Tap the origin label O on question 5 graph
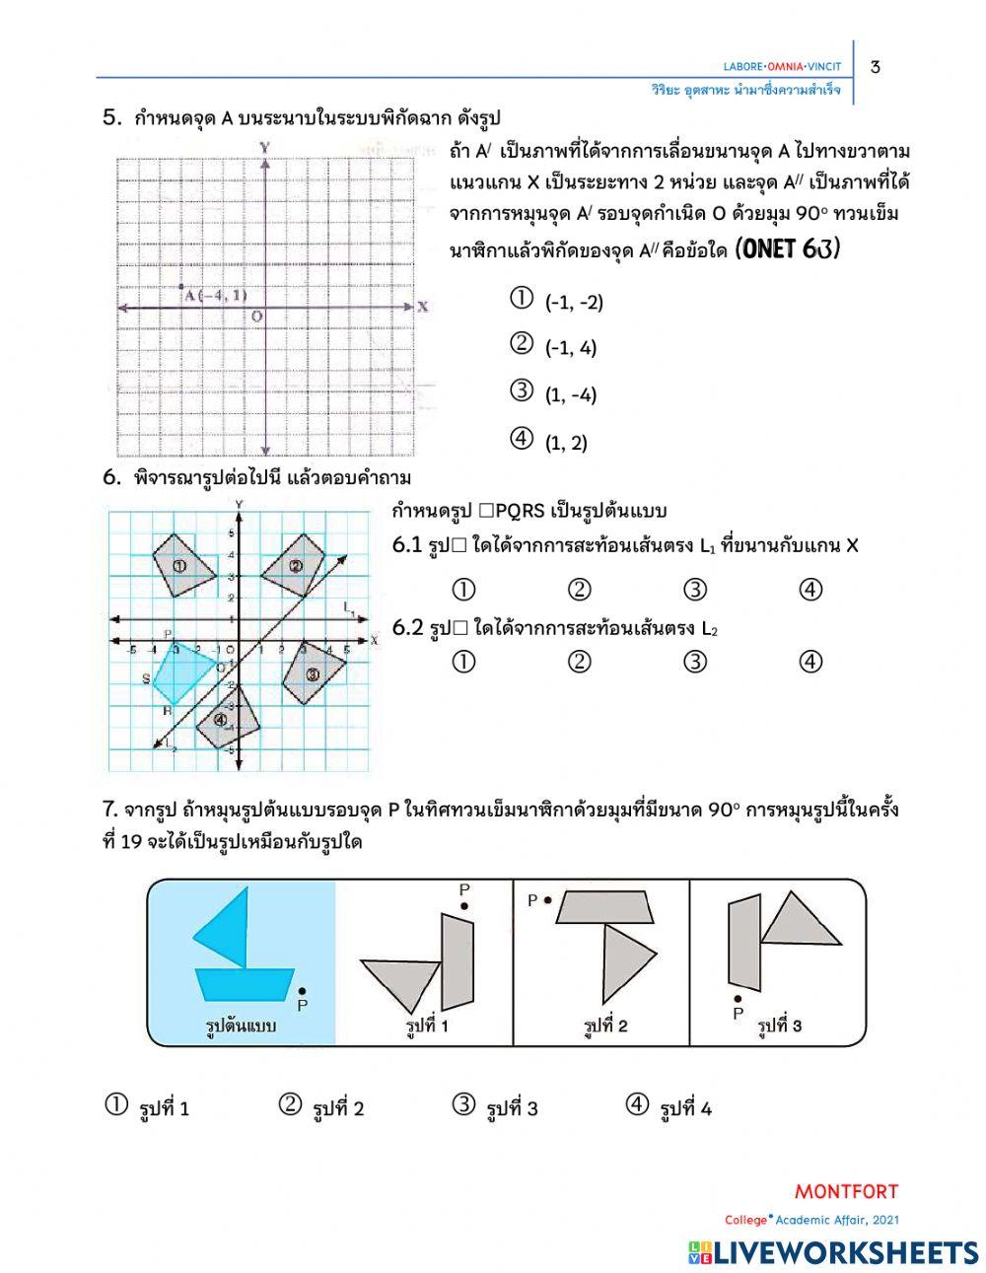(x=255, y=317)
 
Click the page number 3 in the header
(x=876, y=67)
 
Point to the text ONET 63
(x=788, y=249)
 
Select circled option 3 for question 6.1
(x=695, y=590)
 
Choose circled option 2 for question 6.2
(x=580, y=662)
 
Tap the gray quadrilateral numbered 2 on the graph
(x=299, y=564)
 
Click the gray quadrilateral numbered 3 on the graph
(x=314, y=673)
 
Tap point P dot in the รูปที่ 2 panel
(x=548, y=899)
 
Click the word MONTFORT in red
(x=846, y=1191)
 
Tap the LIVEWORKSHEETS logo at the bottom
(x=833, y=1251)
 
